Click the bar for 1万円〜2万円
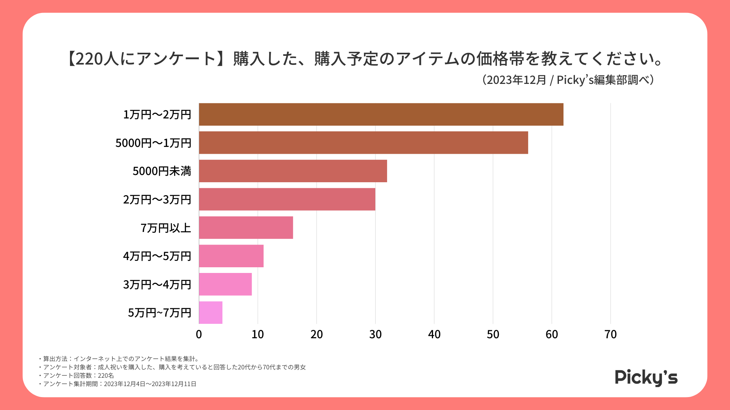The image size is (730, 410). (x=381, y=114)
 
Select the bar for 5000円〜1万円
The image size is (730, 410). (x=363, y=143)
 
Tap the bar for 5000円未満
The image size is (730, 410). (x=293, y=171)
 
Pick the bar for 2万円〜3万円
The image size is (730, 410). (x=287, y=199)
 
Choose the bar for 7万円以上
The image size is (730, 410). (x=246, y=228)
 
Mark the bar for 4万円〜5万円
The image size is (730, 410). (x=231, y=256)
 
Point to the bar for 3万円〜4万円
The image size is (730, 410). (x=225, y=284)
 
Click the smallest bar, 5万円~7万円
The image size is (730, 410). (x=211, y=312)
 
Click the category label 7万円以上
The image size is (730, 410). (x=166, y=228)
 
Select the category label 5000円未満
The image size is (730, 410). (x=162, y=171)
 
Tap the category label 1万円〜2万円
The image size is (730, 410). (x=157, y=115)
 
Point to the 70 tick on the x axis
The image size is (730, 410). (x=611, y=334)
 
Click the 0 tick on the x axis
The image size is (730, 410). (x=199, y=334)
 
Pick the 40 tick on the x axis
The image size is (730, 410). (x=434, y=334)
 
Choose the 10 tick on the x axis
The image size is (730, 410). (x=258, y=334)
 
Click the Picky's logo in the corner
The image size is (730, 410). (x=646, y=377)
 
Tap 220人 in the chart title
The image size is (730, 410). (x=92, y=59)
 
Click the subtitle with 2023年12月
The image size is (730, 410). (x=568, y=80)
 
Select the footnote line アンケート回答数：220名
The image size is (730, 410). (x=78, y=375)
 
